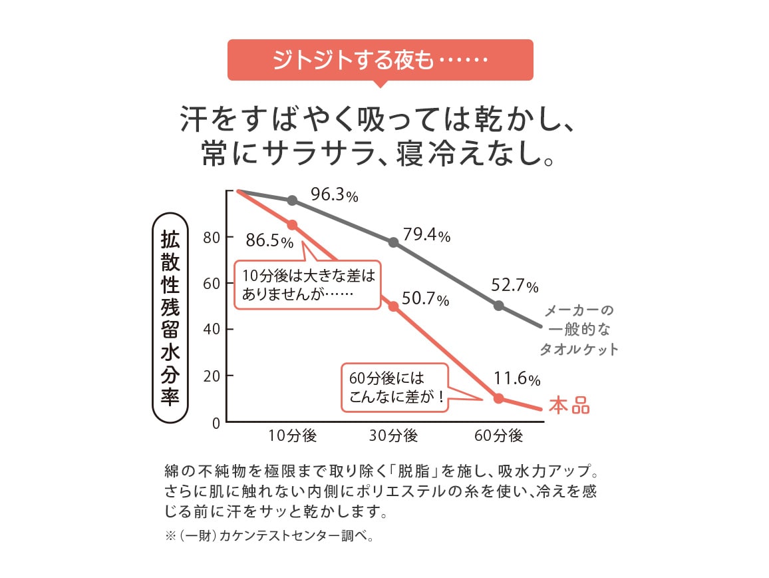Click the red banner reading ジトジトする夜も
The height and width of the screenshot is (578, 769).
(x=380, y=60)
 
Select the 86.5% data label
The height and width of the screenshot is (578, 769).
(x=269, y=240)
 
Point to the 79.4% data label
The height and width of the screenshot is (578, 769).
(x=426, y=235)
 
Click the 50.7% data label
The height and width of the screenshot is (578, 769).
(x=426, y=299)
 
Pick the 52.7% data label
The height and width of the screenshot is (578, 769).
(x=514, y=286)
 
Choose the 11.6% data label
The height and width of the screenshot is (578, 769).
(x=516, y=379)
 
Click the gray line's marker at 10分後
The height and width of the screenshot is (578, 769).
(x=292, y=200)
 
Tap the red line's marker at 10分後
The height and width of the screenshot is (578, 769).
(x=292, y=224)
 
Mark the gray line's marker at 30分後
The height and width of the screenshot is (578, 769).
(x=393, y=242)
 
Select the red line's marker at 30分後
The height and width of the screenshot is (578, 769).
(x=393, y=306)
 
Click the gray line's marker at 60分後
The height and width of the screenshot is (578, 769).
(x=499, y=306)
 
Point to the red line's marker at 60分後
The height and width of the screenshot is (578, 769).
(x=499, y=399)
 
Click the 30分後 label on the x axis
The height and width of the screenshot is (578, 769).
(x=393, y=436)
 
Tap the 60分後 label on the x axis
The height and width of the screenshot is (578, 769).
(x=499, y=436)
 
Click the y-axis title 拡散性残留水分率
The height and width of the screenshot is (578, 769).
(x=170, y=317)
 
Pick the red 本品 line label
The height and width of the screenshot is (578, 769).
(x=569, y=406)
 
